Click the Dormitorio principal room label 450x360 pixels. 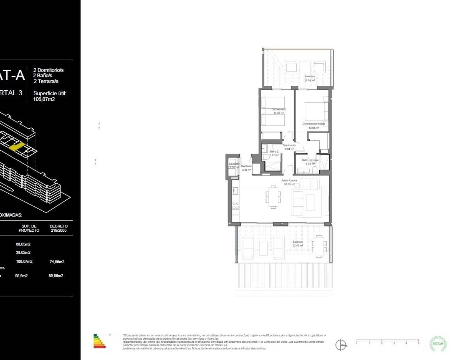pos(314,124)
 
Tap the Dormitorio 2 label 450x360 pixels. pos(278,109)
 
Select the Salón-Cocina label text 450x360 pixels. pos(289,180)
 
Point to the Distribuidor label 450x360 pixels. pos(289,145)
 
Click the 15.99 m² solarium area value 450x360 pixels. pos(309,80)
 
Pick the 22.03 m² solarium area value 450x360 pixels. pos(298,246)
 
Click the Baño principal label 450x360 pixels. pos(310,160)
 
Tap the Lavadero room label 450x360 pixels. pos(234,164)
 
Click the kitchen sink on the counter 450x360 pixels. pos(235,191)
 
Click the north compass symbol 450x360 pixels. pos(340,345)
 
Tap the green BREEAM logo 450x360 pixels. pos(438,343)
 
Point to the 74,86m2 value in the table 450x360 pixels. pos(57,262)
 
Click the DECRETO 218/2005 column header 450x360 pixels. pos(58,228)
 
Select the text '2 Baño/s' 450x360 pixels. pos(43,76)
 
